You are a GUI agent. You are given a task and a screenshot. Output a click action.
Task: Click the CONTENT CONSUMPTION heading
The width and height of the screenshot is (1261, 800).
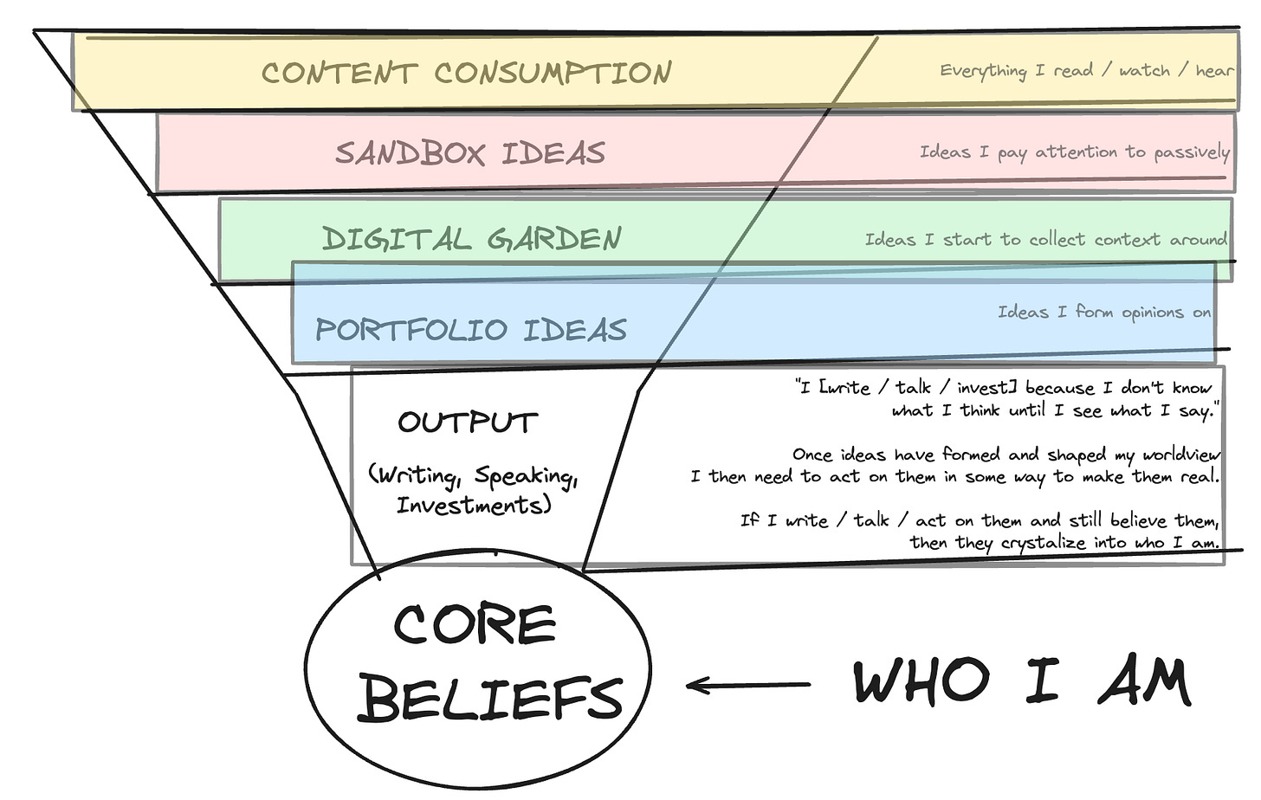tap(466, 73)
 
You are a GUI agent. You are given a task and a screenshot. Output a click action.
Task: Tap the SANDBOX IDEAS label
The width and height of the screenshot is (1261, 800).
tap(469, 153)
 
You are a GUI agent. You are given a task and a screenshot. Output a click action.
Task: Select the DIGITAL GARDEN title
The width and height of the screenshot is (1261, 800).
tap(471, 239)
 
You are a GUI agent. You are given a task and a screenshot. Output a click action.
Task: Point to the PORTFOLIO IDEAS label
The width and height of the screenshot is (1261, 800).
tap(470, 330)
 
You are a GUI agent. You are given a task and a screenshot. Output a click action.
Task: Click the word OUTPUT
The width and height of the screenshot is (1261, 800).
tap(468, 423)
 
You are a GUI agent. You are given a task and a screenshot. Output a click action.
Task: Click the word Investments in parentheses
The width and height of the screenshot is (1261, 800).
tap(473, 505)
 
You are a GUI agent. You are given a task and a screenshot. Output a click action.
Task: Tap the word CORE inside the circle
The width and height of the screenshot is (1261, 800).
tap(475, 624)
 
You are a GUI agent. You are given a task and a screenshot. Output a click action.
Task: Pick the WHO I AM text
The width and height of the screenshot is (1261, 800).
tap(1022, 682)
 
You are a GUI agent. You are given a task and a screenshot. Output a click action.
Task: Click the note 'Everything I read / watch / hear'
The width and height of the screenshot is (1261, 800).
tap(1086, 70)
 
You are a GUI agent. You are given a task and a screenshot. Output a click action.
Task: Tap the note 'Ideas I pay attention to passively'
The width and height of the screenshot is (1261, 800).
tap(1074, 152)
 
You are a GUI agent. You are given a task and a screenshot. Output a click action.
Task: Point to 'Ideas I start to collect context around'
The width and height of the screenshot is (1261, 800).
tap(1045, 239)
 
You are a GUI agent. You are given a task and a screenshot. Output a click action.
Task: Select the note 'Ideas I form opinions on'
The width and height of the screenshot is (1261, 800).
tap(1103, 312)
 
